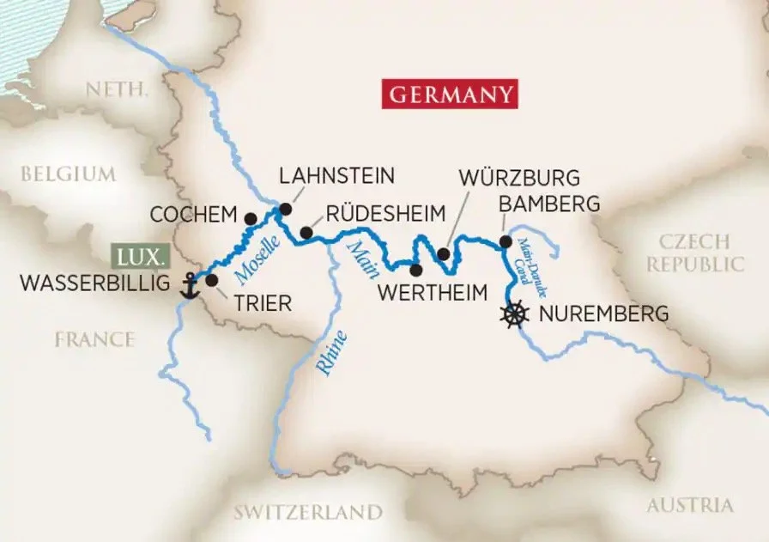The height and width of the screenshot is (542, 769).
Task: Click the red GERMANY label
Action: pos(451,94)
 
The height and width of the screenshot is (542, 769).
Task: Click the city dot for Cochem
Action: pos(250,219)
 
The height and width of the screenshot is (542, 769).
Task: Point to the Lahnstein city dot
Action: pos(285,209)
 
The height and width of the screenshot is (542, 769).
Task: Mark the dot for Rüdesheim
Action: pos(306,232)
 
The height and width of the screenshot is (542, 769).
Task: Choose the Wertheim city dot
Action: pos(416,270)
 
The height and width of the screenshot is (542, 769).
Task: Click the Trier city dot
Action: pos(212,279)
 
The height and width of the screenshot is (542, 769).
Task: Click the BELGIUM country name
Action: pos(68,174)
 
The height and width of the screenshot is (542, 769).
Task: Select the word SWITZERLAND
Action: pos(308,512)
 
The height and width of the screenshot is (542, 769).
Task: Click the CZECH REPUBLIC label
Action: pos(695,253)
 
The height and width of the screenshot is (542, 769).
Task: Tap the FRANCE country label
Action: pos(94,339)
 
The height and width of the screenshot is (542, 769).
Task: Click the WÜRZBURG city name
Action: pos(519,179)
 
